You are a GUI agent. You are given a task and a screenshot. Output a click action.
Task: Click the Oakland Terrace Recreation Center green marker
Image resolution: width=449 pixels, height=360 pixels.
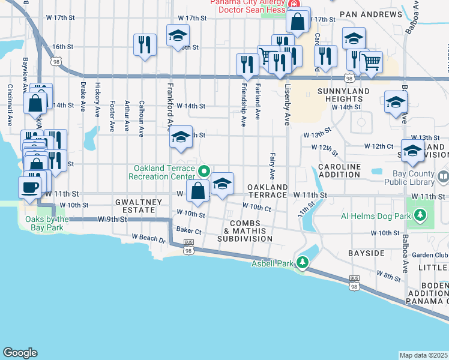point(203,172)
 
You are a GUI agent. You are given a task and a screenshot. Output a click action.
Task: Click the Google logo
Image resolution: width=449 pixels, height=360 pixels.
point(19,353)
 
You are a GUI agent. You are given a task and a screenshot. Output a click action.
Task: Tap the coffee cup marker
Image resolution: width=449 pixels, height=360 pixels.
point(31,187)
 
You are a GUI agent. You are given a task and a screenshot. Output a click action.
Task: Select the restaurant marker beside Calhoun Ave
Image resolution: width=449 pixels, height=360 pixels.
point(145,45)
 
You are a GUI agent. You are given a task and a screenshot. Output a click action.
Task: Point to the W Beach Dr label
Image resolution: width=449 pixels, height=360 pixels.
point(148,239)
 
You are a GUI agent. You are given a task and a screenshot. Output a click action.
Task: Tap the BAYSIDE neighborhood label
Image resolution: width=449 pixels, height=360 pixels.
point(366,253)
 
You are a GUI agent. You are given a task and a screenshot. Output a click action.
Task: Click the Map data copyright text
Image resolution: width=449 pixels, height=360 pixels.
point(424,355)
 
